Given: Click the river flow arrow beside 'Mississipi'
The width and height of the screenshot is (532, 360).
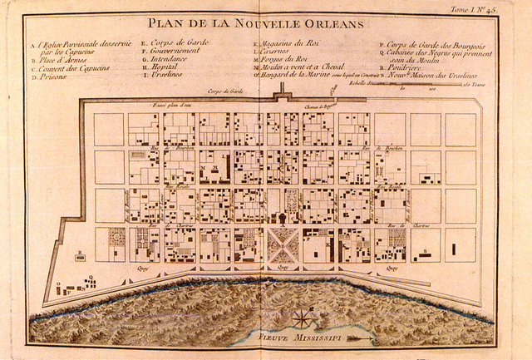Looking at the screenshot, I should coord(361,339).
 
